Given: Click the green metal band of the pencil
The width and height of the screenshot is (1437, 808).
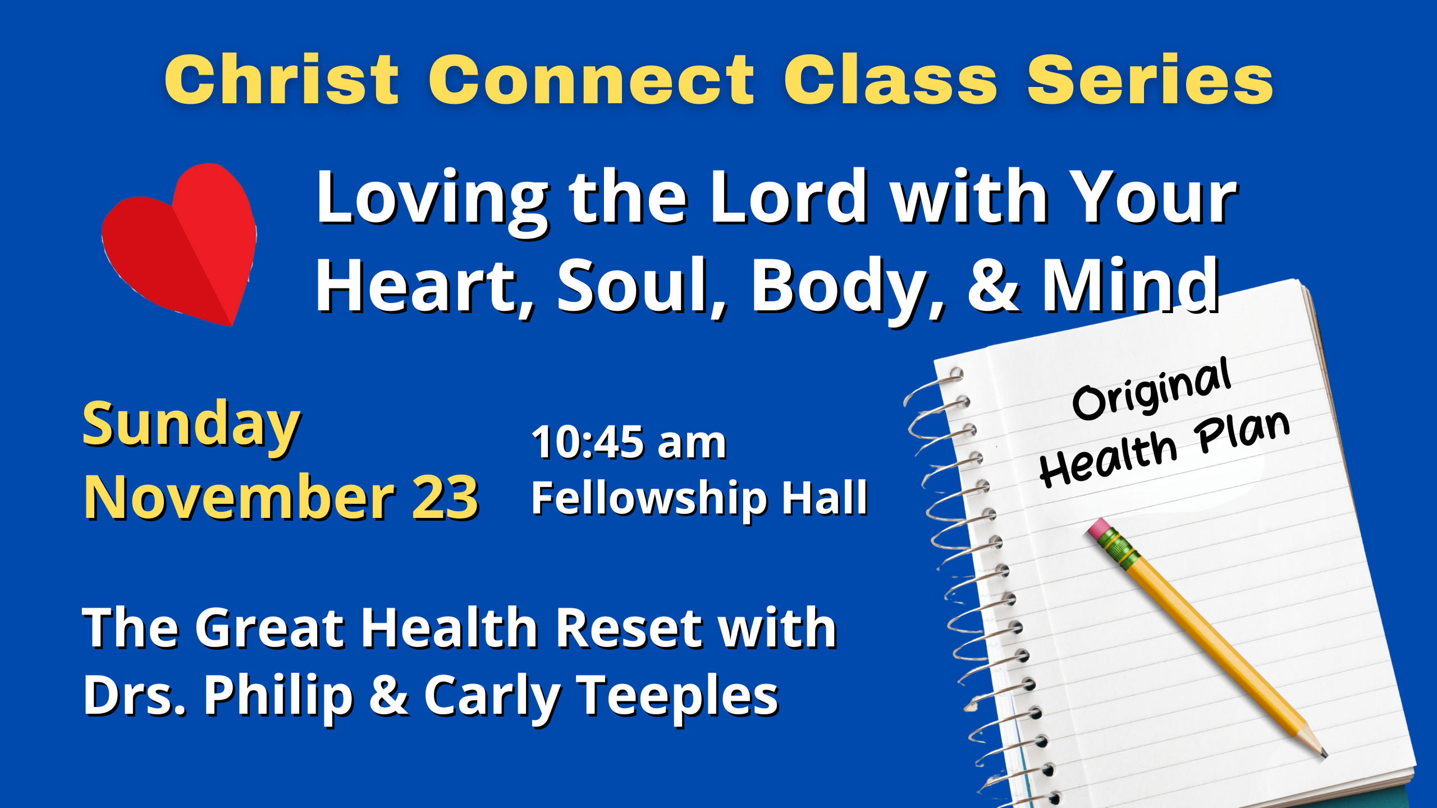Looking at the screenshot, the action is coord(1120,548).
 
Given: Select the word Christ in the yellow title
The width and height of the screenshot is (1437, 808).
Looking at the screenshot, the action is coord(282,79).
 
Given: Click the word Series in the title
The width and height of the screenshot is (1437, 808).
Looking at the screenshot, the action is coord(1150,79).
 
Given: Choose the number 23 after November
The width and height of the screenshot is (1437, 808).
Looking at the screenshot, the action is coord(445,497).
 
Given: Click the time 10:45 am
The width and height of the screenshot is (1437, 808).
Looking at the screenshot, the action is coord(629,442).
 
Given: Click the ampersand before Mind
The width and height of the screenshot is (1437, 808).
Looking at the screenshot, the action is coord(993,285).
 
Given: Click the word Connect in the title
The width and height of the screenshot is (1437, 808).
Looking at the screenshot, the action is coord(592,79).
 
